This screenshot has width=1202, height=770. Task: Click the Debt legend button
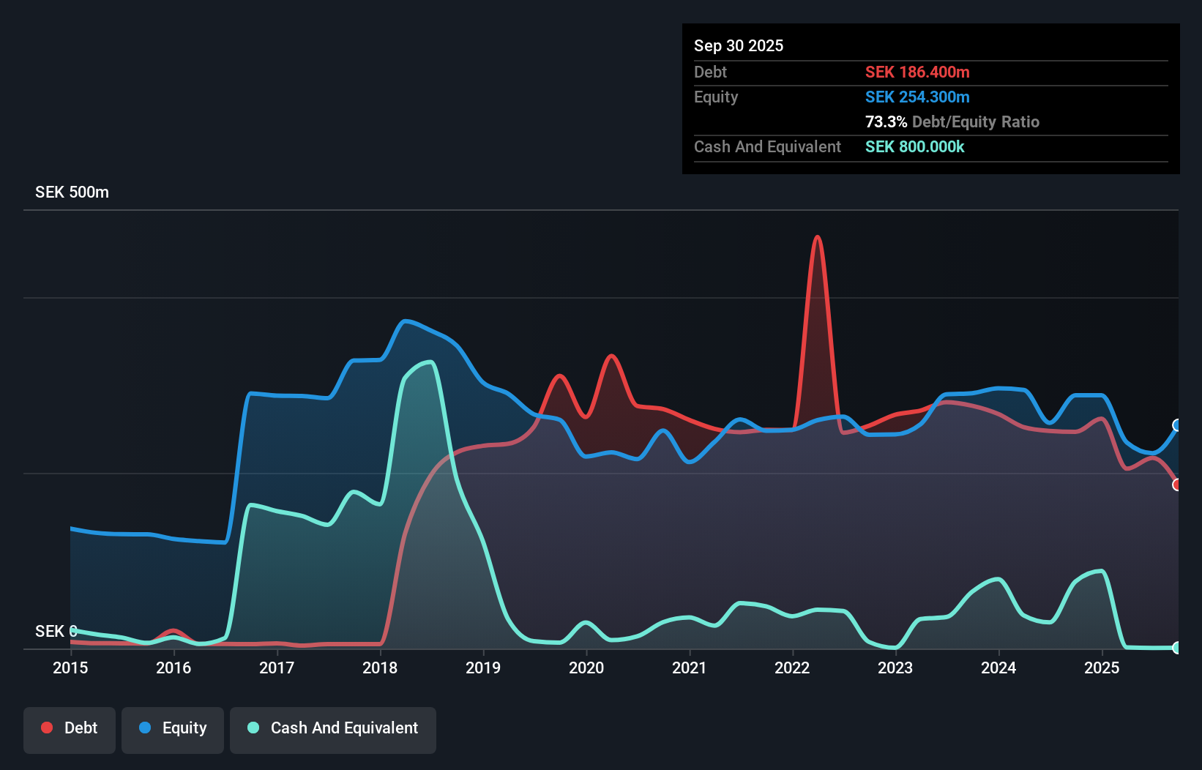[x=70, y=729]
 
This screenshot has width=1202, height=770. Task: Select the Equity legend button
[x=173, y=729]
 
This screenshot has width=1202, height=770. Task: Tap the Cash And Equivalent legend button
[x=333, y=729]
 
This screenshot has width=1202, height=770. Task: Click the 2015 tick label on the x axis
[x=70, y=668]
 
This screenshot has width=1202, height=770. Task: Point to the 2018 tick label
[x=380, y=668]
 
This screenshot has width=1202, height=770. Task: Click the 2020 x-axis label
[x=586, y=668]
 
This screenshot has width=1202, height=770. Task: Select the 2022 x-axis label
[x=792, y=668]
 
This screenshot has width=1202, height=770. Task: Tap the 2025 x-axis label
[x=1102, y=668]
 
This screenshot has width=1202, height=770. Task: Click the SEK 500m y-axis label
[x=72, y=192]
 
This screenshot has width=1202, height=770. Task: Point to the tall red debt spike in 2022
[x=817, y=238]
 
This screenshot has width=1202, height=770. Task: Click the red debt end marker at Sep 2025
[x=1177, y=485]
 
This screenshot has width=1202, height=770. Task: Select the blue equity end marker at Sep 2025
[x=1177, y=425]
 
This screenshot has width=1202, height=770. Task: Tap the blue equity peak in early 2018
[x=405, y=321]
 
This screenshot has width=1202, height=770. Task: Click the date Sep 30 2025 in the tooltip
[x=738, y=46]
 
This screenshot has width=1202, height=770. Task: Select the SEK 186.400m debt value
[x=917, y=72]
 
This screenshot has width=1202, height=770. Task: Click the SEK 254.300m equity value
[x=917, y=97]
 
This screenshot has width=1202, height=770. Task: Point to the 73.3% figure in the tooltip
[x=886, y=122]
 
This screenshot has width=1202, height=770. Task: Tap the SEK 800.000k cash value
[x=914, y=147]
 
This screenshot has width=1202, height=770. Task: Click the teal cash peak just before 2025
[x=1100, y=572]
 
